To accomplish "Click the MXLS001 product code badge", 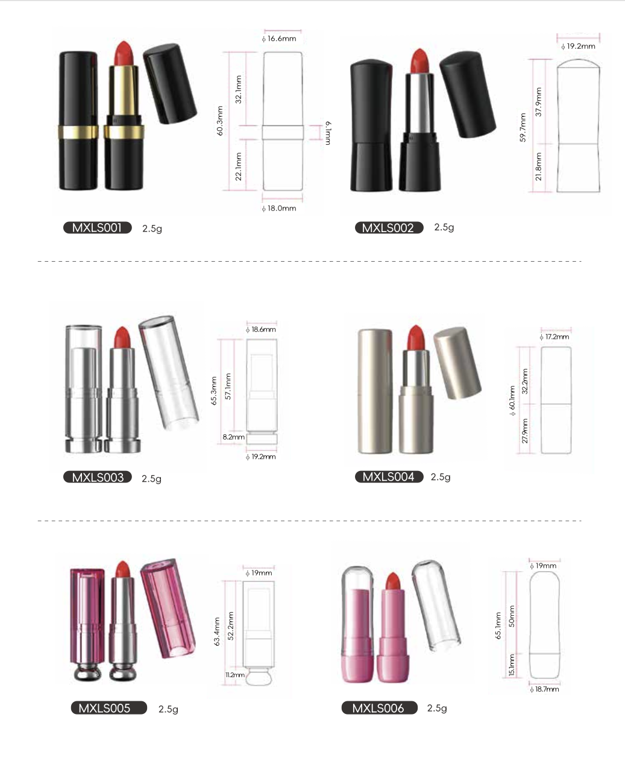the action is point(98,228).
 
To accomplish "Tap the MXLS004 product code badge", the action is point(389,476).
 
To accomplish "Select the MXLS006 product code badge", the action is point(379,708).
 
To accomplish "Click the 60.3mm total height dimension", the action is point(219,121).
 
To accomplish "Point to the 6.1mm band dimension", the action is point(327,133).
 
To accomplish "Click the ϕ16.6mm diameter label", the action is point(279,39).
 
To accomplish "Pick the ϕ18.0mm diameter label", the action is point(279,208).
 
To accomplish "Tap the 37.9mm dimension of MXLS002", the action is point(538,102).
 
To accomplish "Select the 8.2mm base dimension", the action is point(233,437).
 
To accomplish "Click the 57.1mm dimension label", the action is point(228,386).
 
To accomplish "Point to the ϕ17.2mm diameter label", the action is point(554,336).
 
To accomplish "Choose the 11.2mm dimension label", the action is point(235,675).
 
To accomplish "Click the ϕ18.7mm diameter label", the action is point(544,689).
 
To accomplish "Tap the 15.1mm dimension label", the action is point(512,665).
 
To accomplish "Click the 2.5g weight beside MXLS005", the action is point(168,709).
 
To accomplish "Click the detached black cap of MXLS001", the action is point(170,84).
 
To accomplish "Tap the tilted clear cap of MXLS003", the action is point(169,373).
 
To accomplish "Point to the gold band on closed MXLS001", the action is point(78,132).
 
